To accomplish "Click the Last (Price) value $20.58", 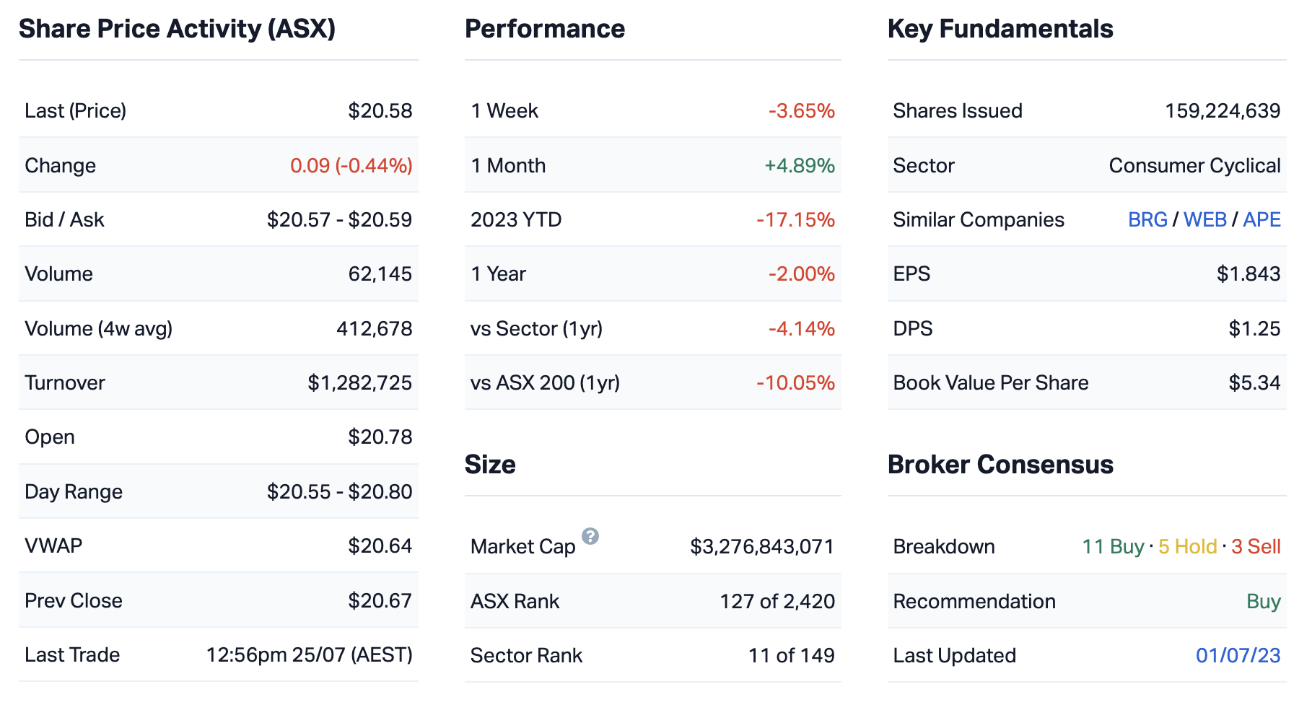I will pyautogui.click(x=380, y=110).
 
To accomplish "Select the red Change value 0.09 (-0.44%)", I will pyautogui.click(x=351, y=165).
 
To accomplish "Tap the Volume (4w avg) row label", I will pyautogui.click(x=98, y=328).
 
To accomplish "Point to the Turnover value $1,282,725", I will pyautogui.click(x=359, y=382).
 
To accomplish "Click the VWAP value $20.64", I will pyautogui.click(x=380, y=545).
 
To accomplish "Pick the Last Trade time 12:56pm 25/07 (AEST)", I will pyautogui.click(x=309, y=654).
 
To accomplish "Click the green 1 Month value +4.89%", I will pyautogui.click(x=799, y=165).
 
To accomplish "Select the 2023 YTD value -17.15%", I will pyautogui.click(x=795, y=219).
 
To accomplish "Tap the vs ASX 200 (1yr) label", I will pyautogui.click(x=545, y=382).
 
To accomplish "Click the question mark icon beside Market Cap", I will pyautogui.click(x=590, y=536).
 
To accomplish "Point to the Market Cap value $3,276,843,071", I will pyautogui.click(x=761, y=546).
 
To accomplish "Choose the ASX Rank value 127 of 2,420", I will pyautogui.click(x=777, y=601).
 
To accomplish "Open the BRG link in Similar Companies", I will pyautogui.click(x=1147, y=219).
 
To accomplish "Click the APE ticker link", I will pyautogui.click(x=1261, y=219).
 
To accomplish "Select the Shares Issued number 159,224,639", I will pyautogui.click(x=1223, y=110).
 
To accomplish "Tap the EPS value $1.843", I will pyautogui.click(x=1248, y=273).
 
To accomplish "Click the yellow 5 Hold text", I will pyautogui.click(x=1187, y=546).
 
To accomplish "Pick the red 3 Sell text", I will pyautogui.click(x=1256, y=546).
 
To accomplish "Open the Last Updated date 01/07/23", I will pyautogui.click(x=1238, y=655).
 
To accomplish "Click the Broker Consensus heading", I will pyautogui.click(x=1000, y=465).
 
